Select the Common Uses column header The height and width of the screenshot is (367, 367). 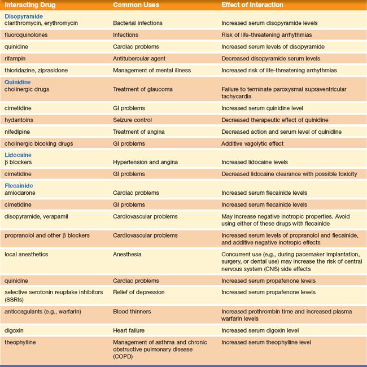136,5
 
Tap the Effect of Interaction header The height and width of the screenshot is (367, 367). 252,5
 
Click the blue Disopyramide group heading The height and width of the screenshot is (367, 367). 24,16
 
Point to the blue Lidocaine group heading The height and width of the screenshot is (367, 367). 18,154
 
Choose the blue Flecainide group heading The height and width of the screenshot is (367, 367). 19,186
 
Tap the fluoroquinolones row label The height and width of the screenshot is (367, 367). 27,35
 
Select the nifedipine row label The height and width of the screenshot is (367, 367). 19,132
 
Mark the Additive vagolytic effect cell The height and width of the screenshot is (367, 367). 252,143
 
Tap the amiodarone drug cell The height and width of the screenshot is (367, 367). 20,193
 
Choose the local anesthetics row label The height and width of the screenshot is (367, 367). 28,254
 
